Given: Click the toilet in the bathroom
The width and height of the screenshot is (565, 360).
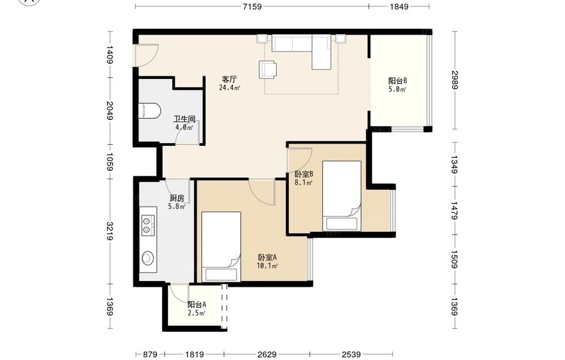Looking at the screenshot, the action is pyautogui.click(x=149, y=111).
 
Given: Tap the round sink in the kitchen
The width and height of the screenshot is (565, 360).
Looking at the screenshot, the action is pyautogui.click(x=147, y=258).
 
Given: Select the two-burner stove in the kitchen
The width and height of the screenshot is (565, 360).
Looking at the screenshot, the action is pyautogui.click(x=148, y=225).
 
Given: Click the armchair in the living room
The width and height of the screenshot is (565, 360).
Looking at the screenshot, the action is pyautogui.click(x=268, y=70).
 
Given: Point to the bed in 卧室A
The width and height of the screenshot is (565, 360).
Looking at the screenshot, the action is pyautogui.click(x=221, y=246).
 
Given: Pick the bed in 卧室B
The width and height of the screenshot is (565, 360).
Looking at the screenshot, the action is pyautogui.click(x=342, y=196).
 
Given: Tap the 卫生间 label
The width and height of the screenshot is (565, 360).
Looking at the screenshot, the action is pyautogui.click(x=184, y=119).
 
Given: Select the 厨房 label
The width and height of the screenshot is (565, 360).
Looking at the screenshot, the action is pyautogui.click(x=177, y=198).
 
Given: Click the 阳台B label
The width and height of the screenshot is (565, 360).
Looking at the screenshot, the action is pyautogui.click(x=397, y=81).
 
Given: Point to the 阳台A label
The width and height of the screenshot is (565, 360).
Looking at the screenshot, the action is pyautogui.click(x=197, y=305).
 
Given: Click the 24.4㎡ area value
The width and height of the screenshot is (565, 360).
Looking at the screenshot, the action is pyautogui.click(x=229, y=88).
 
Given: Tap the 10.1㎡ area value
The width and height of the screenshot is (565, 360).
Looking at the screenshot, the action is pyautogui.click(x=267, y=266).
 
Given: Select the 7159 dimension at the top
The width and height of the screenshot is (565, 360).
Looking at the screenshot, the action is pyautogui.click(x=252, y=6).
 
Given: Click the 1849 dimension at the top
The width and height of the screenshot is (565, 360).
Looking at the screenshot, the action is pyautogui.click(x=399, y=6).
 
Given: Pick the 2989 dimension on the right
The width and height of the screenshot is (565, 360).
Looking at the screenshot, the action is pyautogui.click(x=455, y=80).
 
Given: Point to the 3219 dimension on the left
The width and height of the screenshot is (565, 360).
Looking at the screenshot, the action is pyautogui.click(x=110, y=231).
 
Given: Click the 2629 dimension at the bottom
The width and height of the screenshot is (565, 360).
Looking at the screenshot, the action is pyautogui.click(x=267, y=355).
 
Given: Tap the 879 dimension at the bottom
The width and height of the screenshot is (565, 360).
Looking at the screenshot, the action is pyautogui.click(x=150, y=355).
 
